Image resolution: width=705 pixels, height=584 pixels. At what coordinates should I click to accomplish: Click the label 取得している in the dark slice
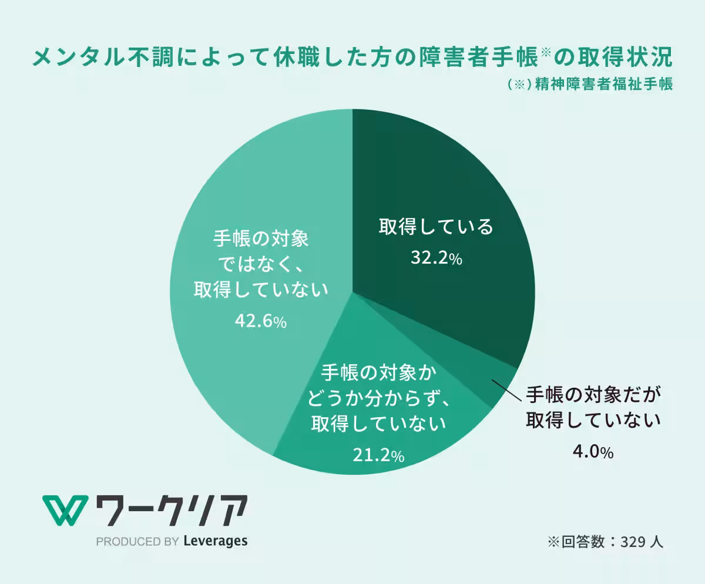click(x=436, y=227)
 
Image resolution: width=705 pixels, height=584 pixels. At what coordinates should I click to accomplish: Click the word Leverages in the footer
click(x=215, y=541)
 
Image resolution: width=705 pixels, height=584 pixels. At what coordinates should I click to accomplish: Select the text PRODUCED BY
click(x=137, y=541)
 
